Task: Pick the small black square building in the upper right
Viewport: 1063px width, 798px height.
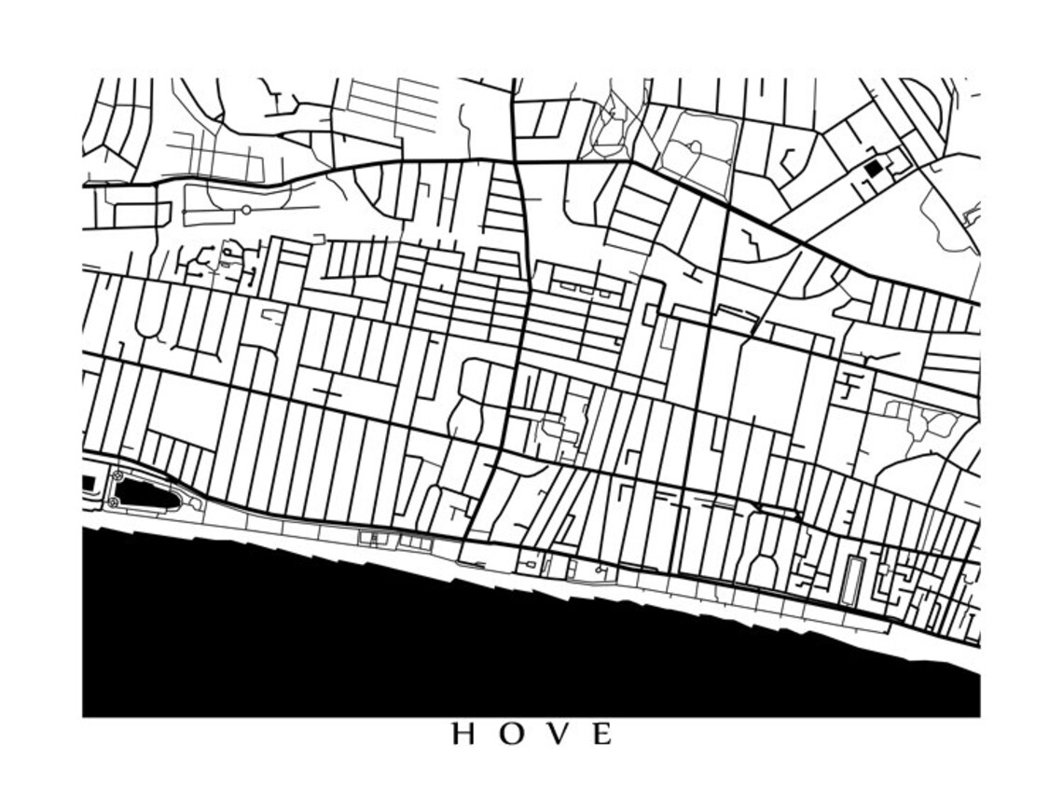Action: pos(873,169)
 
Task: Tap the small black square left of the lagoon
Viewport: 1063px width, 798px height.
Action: pos(89,483)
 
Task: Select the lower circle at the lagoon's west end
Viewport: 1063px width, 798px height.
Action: pos(114,502)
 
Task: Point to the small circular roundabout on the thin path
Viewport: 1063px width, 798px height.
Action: pos(246,210)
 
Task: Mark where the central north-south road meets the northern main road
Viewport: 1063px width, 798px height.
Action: pos(516,161)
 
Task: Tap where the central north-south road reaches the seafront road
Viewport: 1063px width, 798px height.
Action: pos(466,538)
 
